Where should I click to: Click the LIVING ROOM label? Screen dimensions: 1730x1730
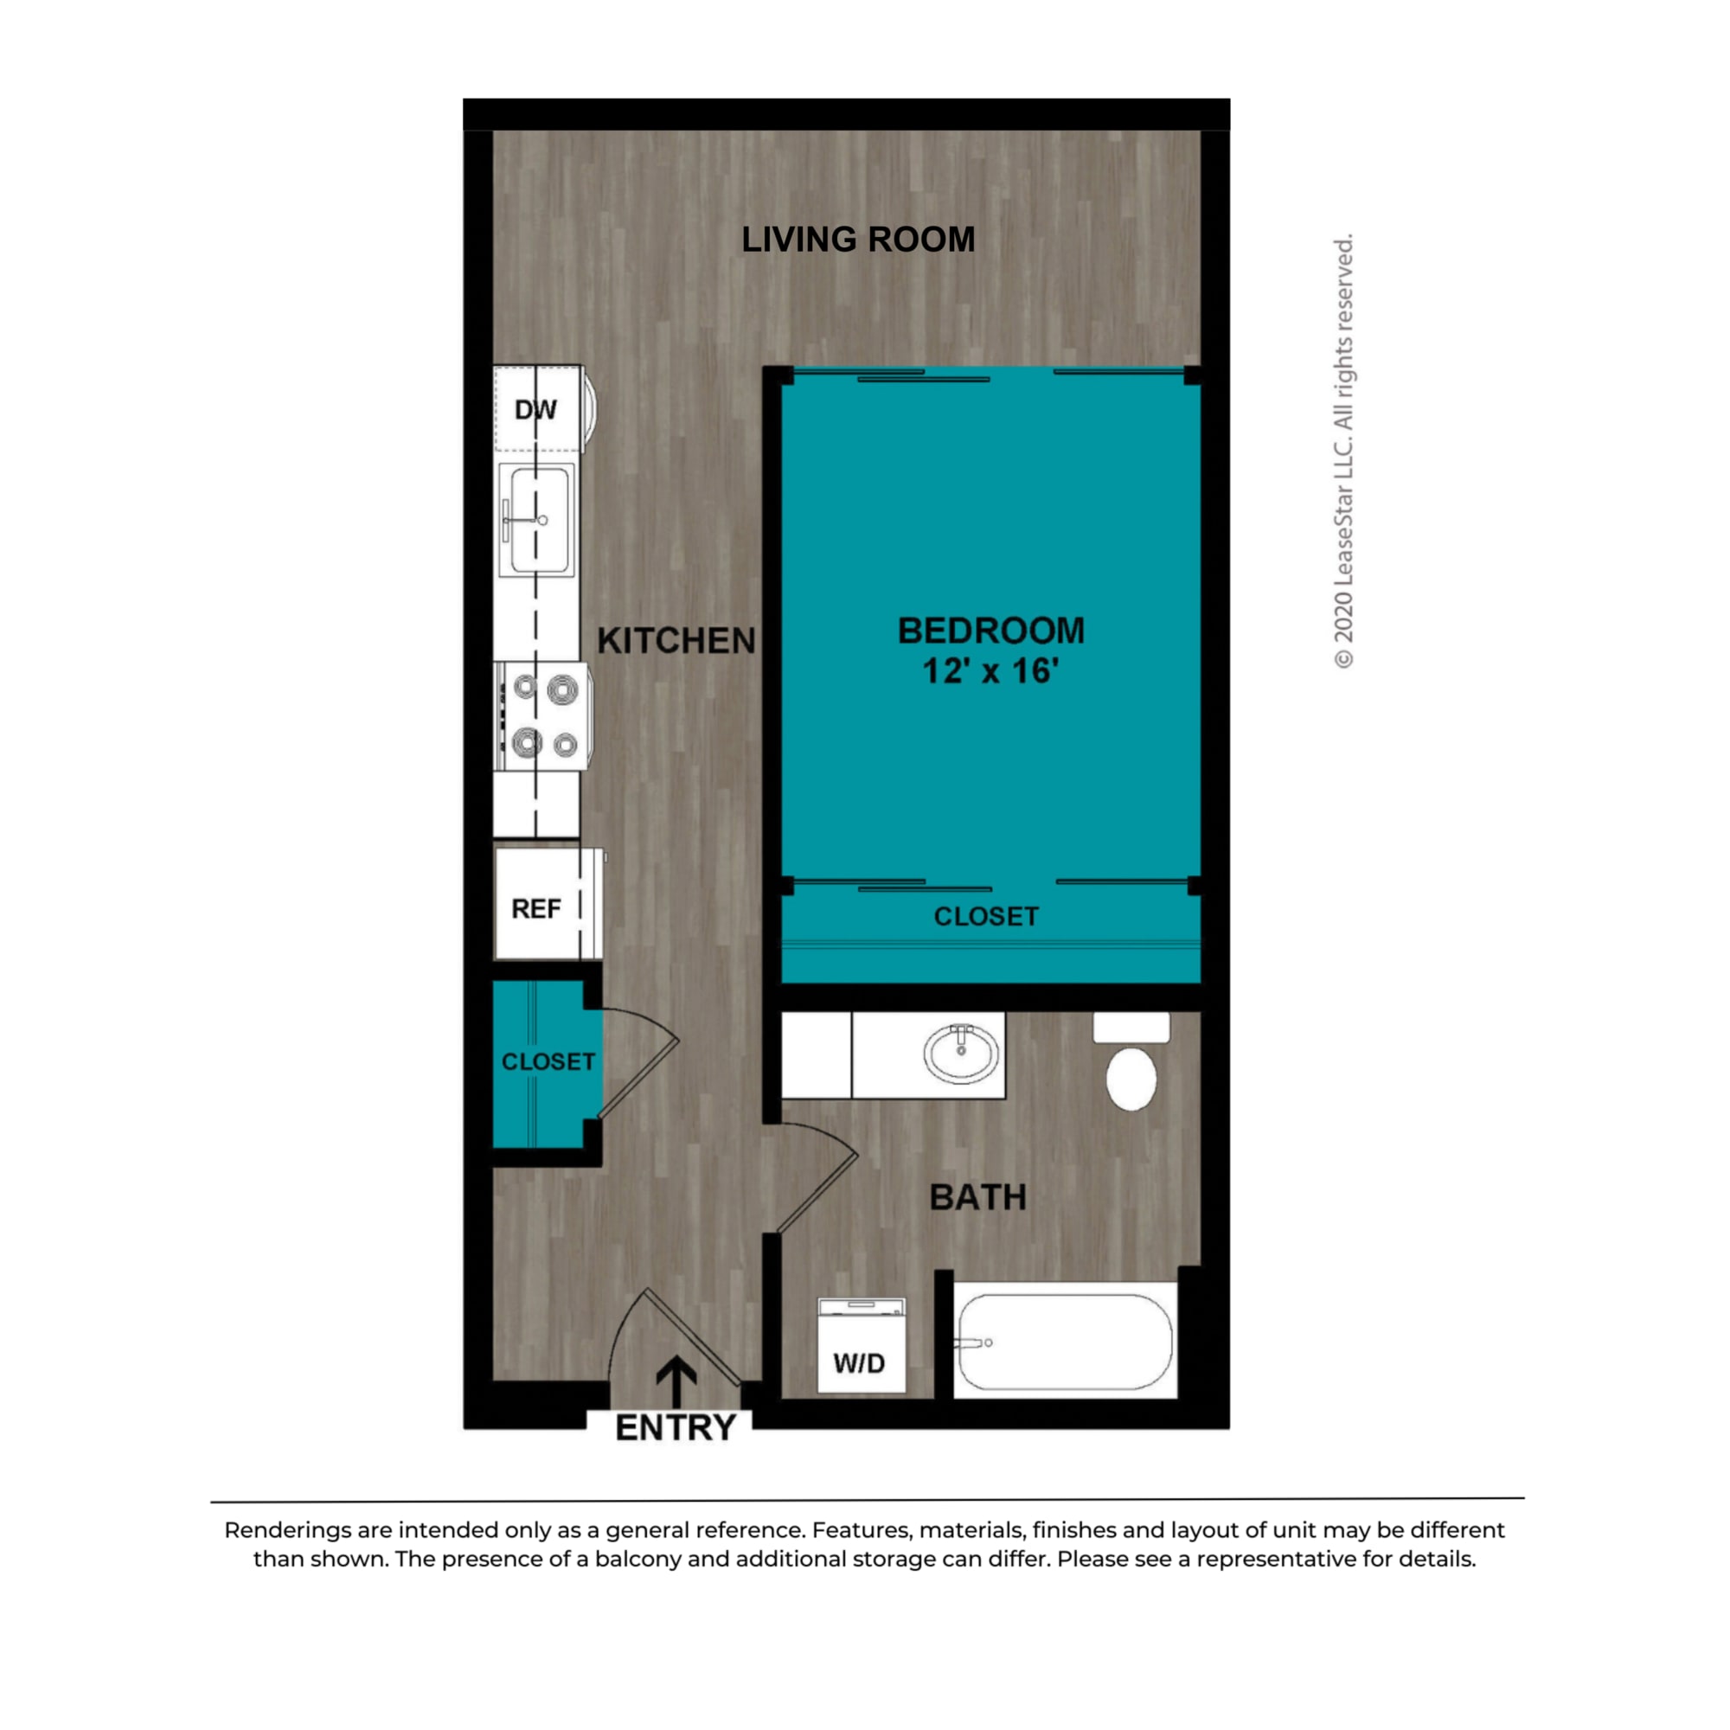[x=858, y=240]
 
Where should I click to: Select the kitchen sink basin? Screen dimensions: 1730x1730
[x=539, y=520]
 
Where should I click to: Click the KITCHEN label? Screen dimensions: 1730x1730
[x=676, y=641]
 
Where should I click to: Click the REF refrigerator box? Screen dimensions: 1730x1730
[x=537, y=909]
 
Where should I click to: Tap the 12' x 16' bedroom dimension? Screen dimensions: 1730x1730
[x=990, y=670]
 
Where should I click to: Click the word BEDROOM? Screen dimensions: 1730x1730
[x=990, y=631]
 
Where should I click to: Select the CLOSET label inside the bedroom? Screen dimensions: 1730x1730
[x=986, y=917]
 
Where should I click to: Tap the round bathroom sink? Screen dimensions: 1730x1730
[x=961, y=1053]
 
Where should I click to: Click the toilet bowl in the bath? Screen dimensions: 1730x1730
[x=1131, y=1077]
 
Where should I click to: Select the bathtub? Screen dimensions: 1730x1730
[x=1064, y=1342]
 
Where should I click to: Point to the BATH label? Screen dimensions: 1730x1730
[x=977, y=1198]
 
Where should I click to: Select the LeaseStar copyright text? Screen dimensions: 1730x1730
[x=1343, y=452]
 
